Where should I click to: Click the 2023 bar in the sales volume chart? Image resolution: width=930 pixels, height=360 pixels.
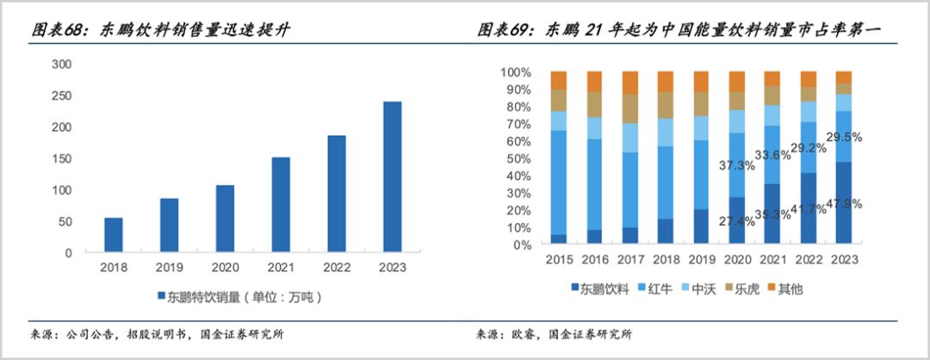pyautogui.click(x=392, y=177)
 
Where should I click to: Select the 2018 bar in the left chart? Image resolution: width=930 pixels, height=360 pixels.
pyautogui.click(x=114, y=235)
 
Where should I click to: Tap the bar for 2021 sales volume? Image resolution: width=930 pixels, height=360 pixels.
pyautogui.click(x=280, y=205)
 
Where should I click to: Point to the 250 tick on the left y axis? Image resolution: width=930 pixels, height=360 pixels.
pyautogui.click(x=61, y=95)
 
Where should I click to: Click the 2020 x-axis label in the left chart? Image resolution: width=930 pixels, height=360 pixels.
pyautogui.click(x=225, y=268)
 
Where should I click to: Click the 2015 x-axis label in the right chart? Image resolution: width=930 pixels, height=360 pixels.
pyautogui.click(x=559, y=259)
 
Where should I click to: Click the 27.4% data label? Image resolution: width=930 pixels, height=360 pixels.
pyautogui.click(x=737, y=221)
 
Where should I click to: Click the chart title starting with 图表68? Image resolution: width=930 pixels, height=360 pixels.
pyautogui.click(x=160, y=31)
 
